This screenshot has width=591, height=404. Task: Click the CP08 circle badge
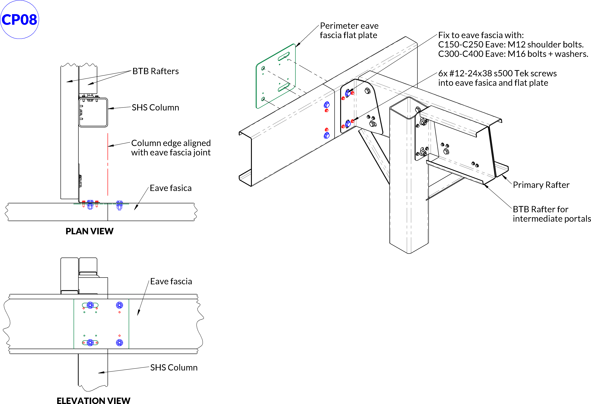click(20, 20)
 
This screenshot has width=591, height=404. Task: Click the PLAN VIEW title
click(90, 231)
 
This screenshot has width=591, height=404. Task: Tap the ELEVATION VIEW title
click(93, 400)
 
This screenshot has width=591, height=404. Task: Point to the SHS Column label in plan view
click(155, 107)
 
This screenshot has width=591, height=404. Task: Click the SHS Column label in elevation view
click(174, 367)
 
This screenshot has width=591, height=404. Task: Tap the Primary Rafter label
click(541, 185)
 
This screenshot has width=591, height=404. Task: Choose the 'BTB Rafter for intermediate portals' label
click(551, 214)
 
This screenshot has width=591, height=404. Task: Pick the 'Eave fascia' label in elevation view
click(171, 281)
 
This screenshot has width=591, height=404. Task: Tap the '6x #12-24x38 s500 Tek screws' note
click(497, 73)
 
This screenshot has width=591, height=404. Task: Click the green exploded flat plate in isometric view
click(275, 76)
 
